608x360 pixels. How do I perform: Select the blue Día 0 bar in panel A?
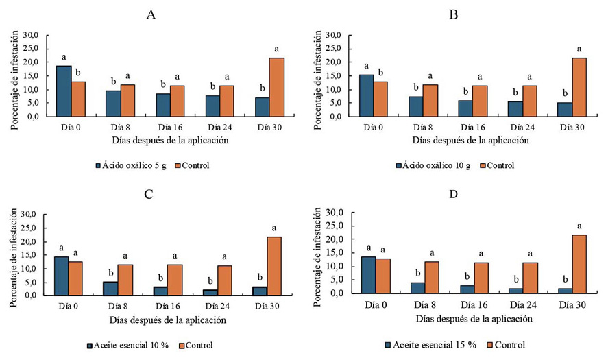[63, 91]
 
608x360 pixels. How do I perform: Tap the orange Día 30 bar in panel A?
[276, 87]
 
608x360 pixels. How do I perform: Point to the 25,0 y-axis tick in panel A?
[32, 49]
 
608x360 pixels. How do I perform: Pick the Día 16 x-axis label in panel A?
[169, 128]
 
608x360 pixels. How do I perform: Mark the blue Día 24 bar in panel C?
[210, 293]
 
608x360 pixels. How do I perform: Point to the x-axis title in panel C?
[169, 320]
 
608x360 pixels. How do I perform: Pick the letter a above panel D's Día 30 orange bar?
[580, 226]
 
